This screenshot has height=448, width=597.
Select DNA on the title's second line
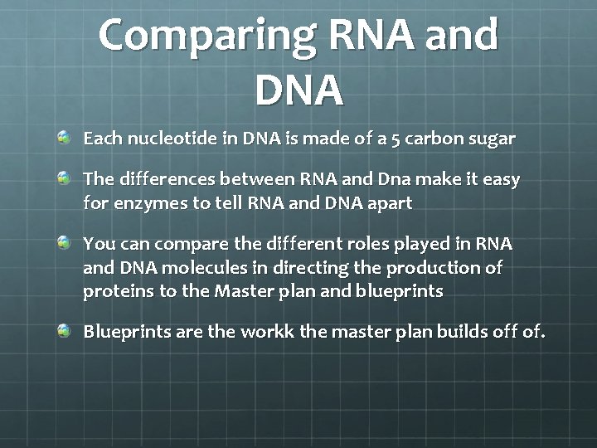pyautogui.click(x=298, y=89)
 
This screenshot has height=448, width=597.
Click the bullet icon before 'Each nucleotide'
pyautogui.click(x=65, y=137)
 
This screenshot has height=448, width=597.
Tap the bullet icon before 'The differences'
pyautogui.click(x=65, y=178)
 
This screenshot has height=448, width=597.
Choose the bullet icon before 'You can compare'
pyautogui.click(x=65, y=243)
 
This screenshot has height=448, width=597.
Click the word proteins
pyautogui.click(x=115, y=291)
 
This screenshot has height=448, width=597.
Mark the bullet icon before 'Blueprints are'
pyautogui.click(x=65, y=331)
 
